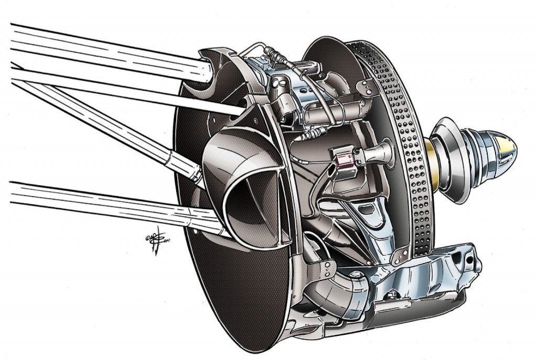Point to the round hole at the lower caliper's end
tap(463, 260)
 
